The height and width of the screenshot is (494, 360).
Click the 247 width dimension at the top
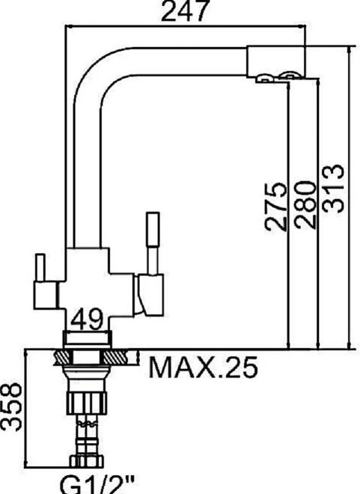point(186,11)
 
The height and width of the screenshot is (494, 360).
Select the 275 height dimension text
point(275,207)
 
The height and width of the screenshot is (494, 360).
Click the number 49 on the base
point(88,321)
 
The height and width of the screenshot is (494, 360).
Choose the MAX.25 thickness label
point(202,368)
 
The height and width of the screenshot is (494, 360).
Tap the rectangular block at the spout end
point(275,59)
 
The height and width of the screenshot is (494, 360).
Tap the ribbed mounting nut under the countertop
point(88,396)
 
